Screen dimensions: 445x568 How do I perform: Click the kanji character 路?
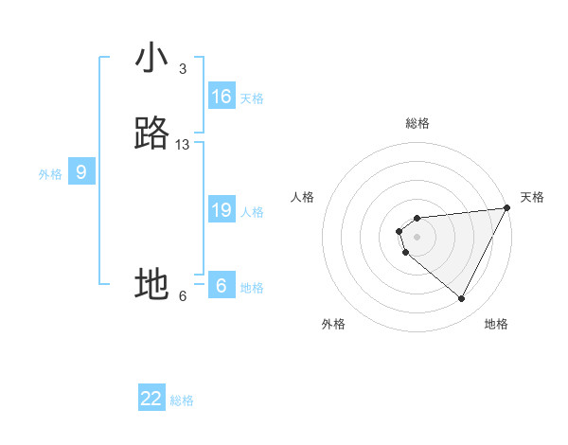152,133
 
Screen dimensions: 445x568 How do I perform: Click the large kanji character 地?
152,284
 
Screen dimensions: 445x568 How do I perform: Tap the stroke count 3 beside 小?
182,69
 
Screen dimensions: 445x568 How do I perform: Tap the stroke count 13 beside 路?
183,145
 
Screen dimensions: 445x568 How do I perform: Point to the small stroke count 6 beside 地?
183,295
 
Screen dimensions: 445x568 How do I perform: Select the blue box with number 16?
222,97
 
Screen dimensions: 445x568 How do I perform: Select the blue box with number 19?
222,210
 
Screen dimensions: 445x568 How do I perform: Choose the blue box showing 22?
151,399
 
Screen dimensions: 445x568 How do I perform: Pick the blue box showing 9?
81,172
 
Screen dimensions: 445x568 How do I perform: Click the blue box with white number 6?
222,286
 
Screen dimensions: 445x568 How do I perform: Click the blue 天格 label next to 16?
252,98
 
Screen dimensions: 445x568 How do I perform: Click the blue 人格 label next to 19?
252,212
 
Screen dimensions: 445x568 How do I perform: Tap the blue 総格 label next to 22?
182,400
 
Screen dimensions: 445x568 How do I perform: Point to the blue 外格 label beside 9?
50,174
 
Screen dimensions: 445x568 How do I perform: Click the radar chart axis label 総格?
417,123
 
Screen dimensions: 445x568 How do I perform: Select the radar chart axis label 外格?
333,324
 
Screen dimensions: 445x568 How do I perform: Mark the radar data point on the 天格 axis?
506,208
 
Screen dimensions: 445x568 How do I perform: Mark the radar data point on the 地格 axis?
461,298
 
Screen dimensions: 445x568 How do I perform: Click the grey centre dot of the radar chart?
417,237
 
